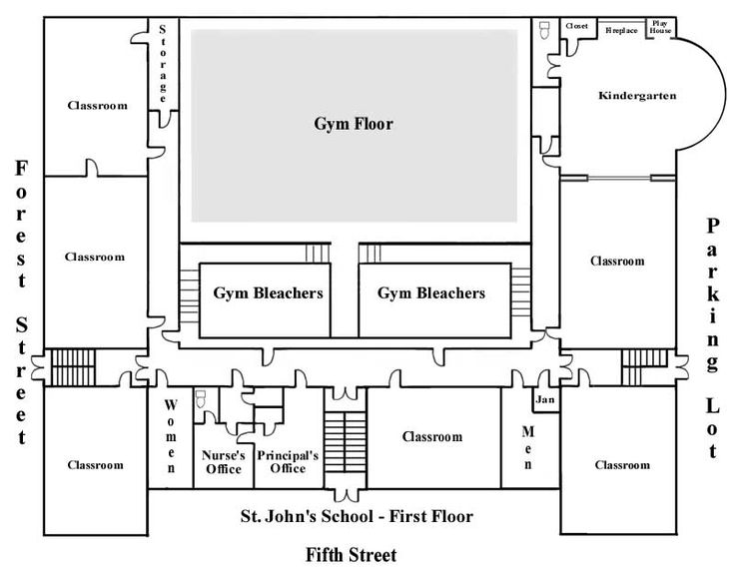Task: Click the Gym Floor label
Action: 354,124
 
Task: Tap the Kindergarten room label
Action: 637,96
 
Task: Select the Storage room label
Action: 163,64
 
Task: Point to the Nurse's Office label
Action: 224,462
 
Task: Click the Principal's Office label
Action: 288,462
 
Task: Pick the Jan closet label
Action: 545,399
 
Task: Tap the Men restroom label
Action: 527,447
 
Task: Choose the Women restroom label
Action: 171,435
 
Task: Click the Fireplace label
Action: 621,30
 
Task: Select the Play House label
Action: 660,27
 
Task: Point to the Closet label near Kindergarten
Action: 577,26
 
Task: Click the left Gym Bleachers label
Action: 269,292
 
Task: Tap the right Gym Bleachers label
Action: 431,292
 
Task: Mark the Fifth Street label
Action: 352,555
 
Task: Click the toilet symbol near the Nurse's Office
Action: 201,398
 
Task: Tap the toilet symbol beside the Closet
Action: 544,30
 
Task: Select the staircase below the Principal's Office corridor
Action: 346,442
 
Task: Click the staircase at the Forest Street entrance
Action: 73,367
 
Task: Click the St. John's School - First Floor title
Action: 357,516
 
